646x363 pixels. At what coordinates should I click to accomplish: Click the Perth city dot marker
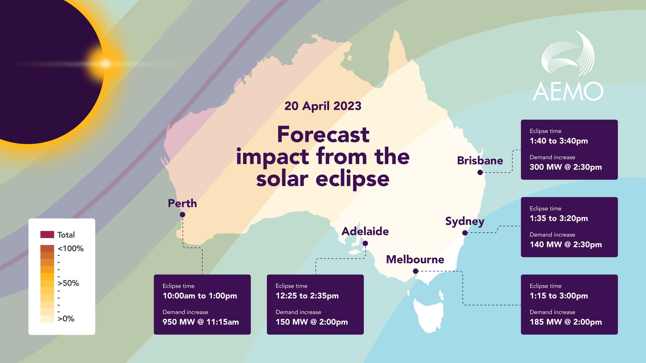(182, 215)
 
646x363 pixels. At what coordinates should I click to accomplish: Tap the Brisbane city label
(480, 161)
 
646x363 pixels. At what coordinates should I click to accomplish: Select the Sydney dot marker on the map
(465, 233)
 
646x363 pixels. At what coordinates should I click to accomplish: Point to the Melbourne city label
(415, 260)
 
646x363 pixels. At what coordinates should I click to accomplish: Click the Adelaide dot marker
(365, 243)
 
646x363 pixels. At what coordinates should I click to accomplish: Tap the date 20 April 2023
(323, 106)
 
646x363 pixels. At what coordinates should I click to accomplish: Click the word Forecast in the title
(323, 135)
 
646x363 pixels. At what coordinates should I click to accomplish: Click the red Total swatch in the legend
(47, 235)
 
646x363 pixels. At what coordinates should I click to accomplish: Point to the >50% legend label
(68, 283)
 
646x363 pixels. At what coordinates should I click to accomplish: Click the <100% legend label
(70, 248)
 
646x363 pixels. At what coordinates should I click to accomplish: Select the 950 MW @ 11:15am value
(201, 322)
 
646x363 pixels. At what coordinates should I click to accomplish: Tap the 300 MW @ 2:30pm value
(565, 167)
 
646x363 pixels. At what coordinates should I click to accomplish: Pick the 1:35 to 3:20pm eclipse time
(559, 218)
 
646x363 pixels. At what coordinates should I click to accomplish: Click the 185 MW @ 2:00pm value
(565, 322)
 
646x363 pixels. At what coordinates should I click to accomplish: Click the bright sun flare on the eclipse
(105, 63)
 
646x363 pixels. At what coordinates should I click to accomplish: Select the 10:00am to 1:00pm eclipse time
(200, 296)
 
